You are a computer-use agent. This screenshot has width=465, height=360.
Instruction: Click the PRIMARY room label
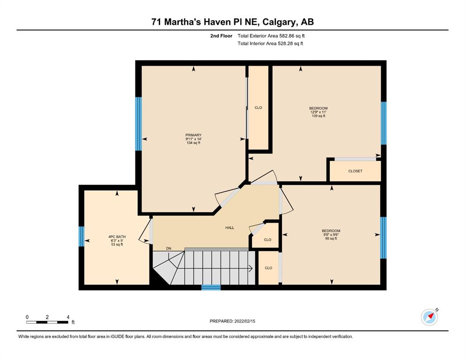[x=193, y=135]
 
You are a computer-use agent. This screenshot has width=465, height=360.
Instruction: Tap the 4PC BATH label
[x=117, y=237]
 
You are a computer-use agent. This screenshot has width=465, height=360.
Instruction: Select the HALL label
[x=229, y=228]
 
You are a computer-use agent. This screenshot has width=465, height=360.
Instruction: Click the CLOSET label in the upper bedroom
[x=355, y=171]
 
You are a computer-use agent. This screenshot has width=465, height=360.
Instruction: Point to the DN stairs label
[x=169, y=248]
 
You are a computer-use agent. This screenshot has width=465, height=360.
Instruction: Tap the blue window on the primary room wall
[x=139, y=124]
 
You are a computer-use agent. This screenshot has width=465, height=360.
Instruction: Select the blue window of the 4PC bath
[x=81, y=237]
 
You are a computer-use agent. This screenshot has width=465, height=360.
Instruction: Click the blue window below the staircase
[x=211, y=287]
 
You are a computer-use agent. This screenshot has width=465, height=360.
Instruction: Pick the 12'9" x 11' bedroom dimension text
[x=318, y=112]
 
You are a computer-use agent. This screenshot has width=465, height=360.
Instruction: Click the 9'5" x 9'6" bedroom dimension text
[x=331, y=234]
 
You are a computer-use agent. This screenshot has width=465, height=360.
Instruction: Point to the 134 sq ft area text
[x=193, y=143]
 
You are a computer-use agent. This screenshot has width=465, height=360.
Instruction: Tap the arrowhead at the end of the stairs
[x=251, y=269]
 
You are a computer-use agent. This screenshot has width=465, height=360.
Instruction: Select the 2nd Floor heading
[x=221, y=36]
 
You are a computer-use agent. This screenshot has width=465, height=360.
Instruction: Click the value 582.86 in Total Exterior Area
[x=286, y=36]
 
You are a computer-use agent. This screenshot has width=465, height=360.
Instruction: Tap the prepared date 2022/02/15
[x=244, y=321]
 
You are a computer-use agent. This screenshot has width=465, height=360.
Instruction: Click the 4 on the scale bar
[x=68, y=317]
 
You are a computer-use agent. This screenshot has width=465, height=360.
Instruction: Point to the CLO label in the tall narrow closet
[x=258, y=107]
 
